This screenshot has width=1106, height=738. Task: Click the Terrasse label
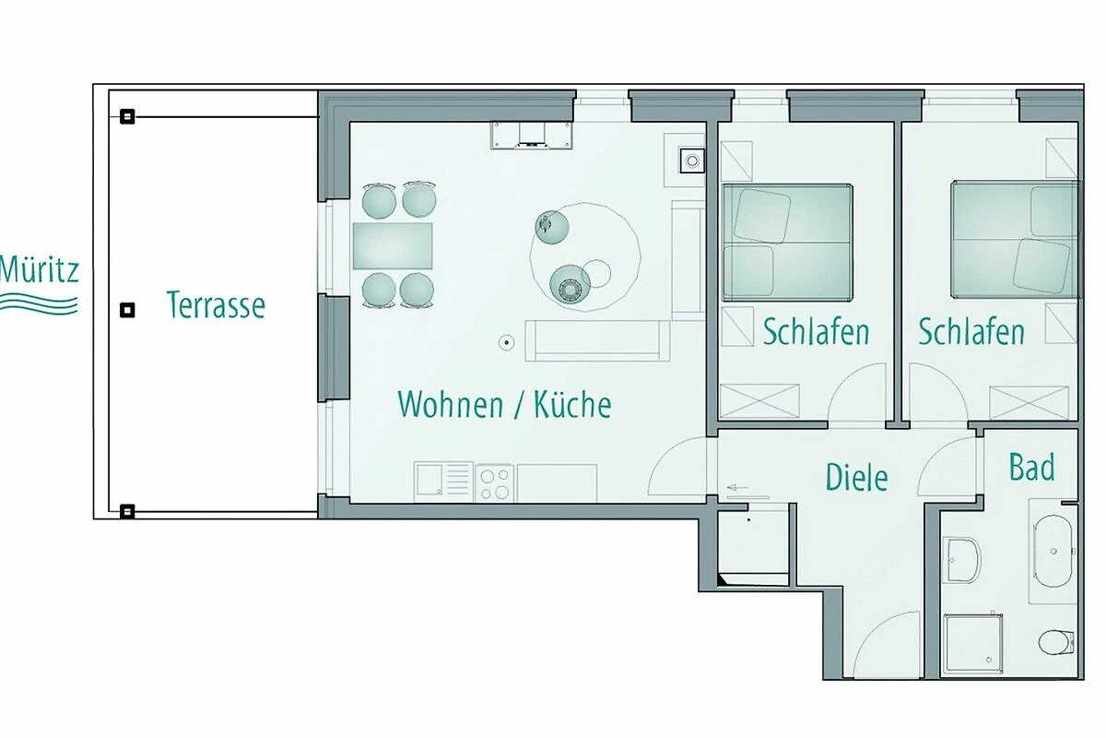[x=216, y=304]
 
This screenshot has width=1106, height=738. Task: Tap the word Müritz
[x=40, y=268]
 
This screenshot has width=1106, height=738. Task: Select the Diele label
[x=856, y=477]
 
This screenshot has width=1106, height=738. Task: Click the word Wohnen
[x=451, y=404]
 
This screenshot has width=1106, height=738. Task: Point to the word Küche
[x=572, y=404]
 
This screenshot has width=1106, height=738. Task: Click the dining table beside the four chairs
[x=393, y=245]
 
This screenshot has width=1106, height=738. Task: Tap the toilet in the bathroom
[x=1056, y=642]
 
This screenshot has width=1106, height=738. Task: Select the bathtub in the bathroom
[x=1053, y=551]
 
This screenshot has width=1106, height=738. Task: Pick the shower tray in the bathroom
[x=972, y=644]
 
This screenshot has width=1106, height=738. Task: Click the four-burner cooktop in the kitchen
[x=495, y=483]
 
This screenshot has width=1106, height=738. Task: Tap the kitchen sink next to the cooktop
[x=443, y=482]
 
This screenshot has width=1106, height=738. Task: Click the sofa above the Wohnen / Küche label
[x=597, y=341]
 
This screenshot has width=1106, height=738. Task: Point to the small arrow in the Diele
[x=737, y=487]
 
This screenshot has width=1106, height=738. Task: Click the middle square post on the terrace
[x=127, y=311]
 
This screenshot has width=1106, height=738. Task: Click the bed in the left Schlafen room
[x=787, y=243]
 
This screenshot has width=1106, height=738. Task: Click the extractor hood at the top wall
[x=531, y=136]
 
